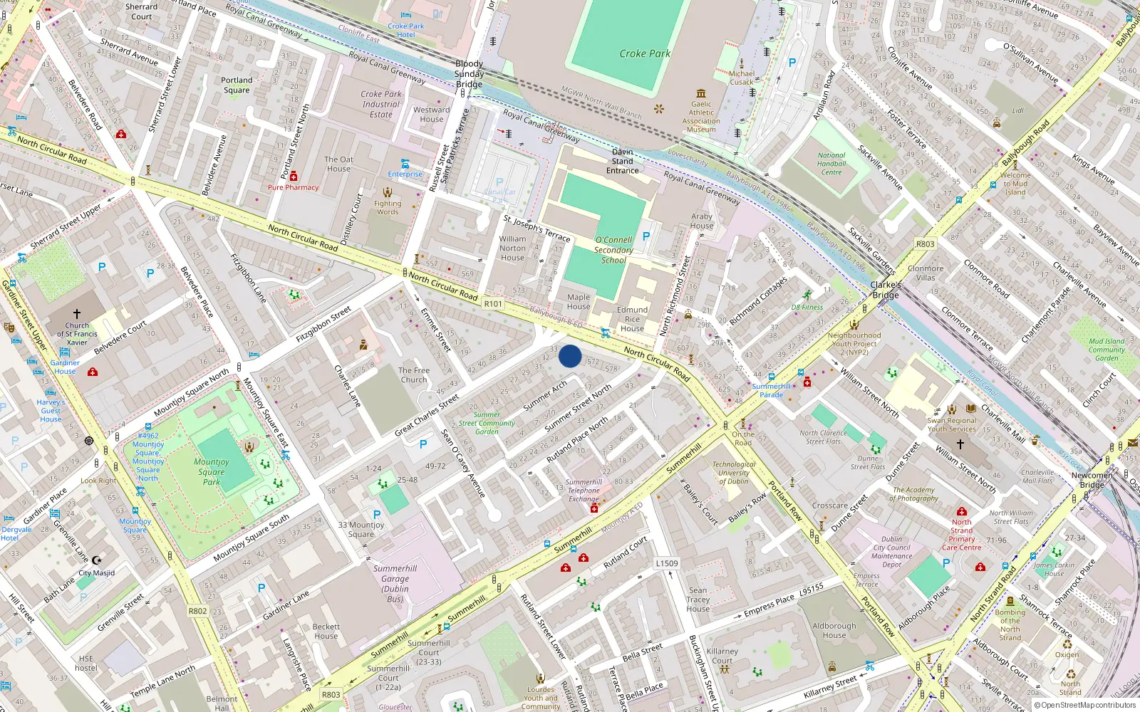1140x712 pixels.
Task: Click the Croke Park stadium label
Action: (645, 53)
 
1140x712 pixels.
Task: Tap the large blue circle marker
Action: (570, 356)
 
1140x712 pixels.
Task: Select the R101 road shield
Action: (493, 304)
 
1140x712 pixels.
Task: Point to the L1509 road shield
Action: (667, 563)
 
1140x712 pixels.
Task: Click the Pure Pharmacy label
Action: (294, 187)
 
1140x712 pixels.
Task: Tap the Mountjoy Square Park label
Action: (212, 471)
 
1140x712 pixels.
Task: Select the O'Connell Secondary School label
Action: (613, 250)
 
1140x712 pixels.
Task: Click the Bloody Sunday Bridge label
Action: (469, 74)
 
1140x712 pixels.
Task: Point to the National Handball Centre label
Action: (831, 164)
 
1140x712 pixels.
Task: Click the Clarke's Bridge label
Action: (886, 290)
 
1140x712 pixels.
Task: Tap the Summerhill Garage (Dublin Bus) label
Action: (395, 584)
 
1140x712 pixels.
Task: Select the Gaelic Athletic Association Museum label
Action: (701, 117)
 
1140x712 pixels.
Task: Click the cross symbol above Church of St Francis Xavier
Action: (77, 313)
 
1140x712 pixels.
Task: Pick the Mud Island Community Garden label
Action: (1107, 350)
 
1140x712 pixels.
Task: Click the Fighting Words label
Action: (388, 207)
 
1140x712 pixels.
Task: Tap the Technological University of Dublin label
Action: (734, 473)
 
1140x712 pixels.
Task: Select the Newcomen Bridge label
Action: (1092, 480)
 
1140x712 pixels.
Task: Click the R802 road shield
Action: (197, 611)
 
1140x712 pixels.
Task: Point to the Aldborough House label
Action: (834, 631)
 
